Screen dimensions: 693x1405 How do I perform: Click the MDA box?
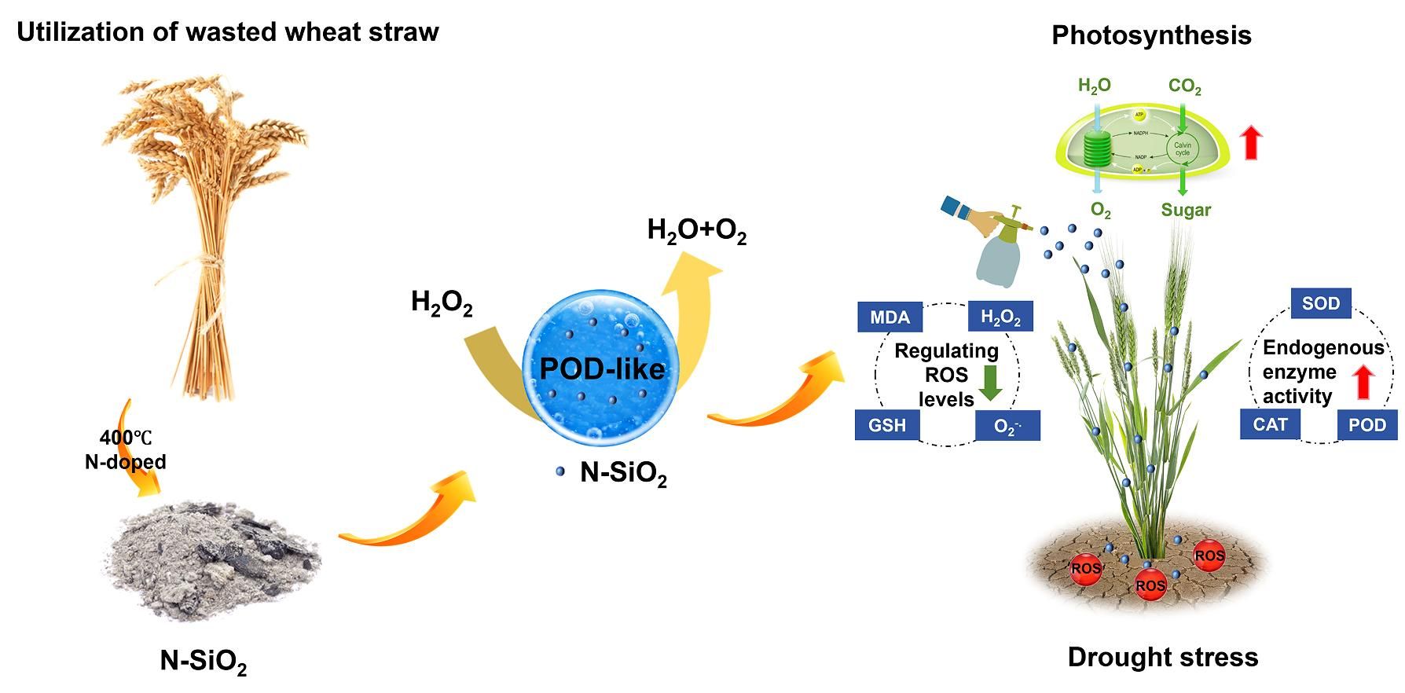point(890,317)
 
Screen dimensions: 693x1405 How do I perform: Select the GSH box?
point(887,425)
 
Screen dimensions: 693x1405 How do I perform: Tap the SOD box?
point(1321,303)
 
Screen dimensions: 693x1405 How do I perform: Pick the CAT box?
point(1270,424)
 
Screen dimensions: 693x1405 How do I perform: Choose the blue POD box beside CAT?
point(1367,425)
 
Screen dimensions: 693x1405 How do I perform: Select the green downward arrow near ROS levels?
point(989,383)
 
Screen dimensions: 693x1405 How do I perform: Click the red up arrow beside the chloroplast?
point(1251,144)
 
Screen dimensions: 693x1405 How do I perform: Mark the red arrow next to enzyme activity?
point(1364,383)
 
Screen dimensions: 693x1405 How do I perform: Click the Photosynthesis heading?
point(1151,35)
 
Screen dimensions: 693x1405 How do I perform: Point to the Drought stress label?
point(1162,657)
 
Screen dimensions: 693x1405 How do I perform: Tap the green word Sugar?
point(1186,210)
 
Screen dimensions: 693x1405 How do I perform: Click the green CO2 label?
point(1184,86)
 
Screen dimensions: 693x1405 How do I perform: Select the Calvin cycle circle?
point(1182,148)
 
